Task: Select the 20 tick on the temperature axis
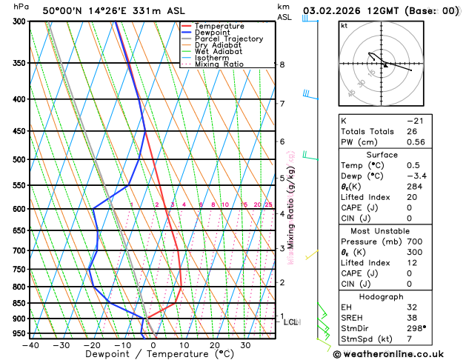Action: point(214,344)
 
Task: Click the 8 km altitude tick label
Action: point(282,64)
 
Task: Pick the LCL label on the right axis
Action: point(290,322)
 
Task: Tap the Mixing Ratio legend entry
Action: point(219,64)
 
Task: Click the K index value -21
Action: point(415,120)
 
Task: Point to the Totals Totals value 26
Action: point(411,131)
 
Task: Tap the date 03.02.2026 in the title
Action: point(329,11)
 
